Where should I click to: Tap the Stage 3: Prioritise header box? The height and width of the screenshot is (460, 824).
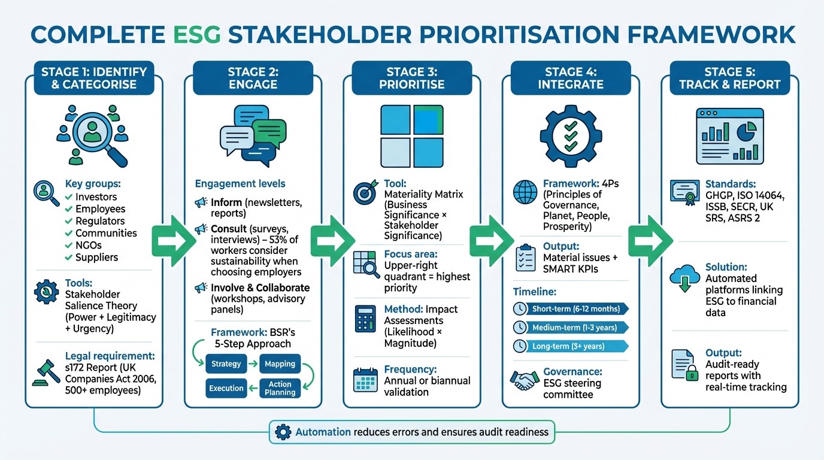pyautogui.click(x=411, y=78)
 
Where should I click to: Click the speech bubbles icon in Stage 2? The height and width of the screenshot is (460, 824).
pyautogui.click(x=253, y=135)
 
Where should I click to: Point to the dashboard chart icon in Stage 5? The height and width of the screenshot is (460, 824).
pyautogui.click(x=729, y=136)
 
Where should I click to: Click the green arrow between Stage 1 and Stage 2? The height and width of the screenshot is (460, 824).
pyautogui.click(x=170, y=242)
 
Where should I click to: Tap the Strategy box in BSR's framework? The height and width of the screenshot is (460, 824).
pyautogui.click(x=226, y=364)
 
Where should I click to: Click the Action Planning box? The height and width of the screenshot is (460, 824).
pyautogui.click(x=280, y=388)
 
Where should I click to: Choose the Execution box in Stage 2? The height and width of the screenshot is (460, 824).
pyautogui.click(x=226, y=388)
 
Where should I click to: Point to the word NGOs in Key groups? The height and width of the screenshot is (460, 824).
pyautogui.click(x=88, y=245)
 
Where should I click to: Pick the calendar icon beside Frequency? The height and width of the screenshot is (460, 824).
pyautogui.click(x=365, y=380)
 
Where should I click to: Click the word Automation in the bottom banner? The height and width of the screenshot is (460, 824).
pyautogui.click(x=323, y=431)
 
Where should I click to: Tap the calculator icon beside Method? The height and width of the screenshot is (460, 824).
pyautogui.click(x=365, y=319)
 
